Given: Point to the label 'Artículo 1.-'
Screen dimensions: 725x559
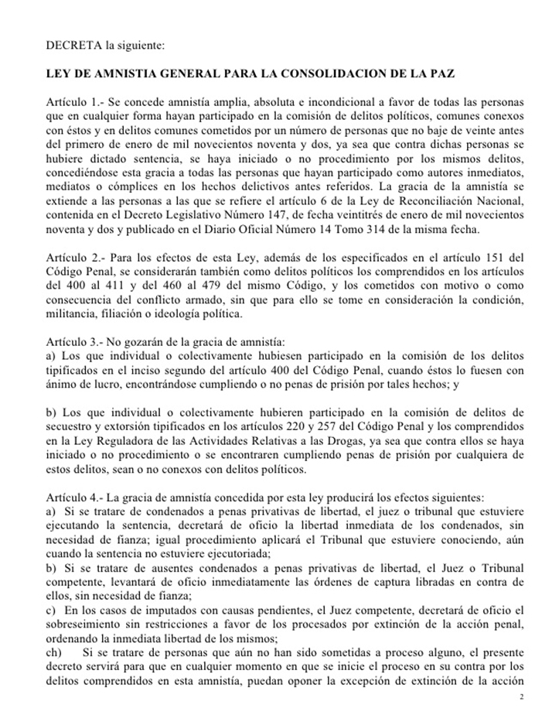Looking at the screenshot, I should tap(73, 103).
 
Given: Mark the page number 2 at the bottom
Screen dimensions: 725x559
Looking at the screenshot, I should tap(523, 697).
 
